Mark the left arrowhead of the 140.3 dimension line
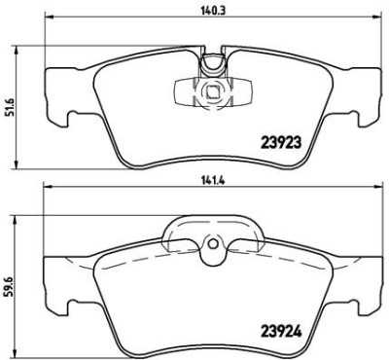pos(50,21)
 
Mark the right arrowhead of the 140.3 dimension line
pos(373,21)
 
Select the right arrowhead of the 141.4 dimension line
pos(373,192)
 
